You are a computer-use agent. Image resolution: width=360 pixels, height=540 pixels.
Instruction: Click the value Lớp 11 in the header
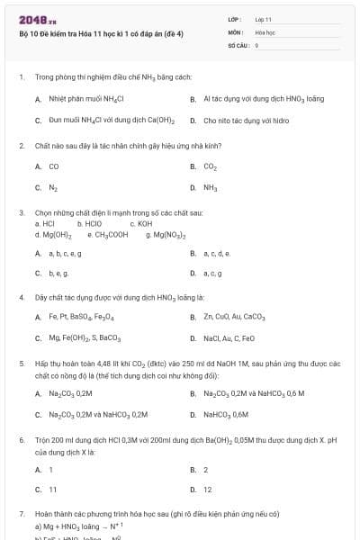(263, 19)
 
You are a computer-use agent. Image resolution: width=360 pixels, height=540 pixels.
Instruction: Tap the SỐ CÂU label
(237, 44)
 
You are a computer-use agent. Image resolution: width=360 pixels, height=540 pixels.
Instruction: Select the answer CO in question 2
(54, 166)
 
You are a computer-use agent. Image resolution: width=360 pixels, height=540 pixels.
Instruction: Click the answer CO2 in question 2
(210, 166)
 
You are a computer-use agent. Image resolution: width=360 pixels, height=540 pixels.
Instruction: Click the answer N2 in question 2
(54, 188)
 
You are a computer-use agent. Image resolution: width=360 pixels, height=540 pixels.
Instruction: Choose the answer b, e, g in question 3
(59, 273)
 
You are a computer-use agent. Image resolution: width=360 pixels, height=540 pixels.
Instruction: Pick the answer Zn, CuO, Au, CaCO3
(234, 317)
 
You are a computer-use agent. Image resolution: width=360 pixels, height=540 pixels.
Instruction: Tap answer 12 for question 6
(207, 490)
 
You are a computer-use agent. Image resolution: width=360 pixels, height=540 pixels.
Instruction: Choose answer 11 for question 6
(52, 490)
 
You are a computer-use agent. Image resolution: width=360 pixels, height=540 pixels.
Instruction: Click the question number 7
(22, 513)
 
